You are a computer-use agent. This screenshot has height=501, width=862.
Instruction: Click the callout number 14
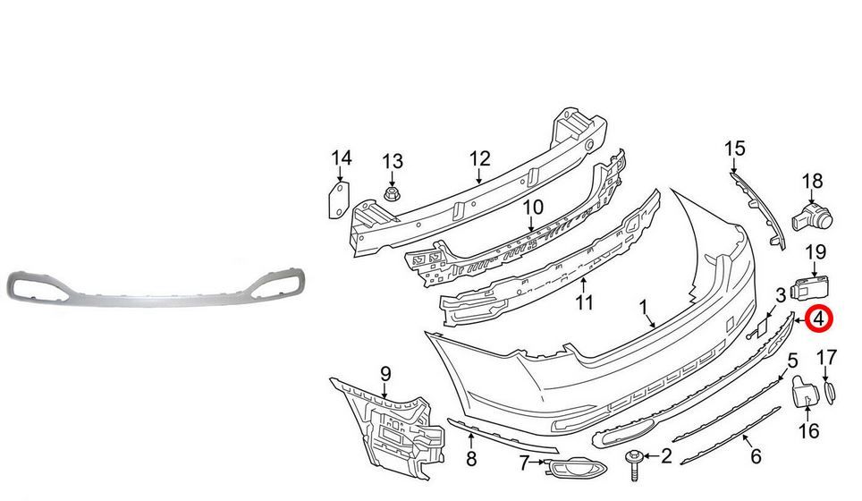coord(342,158)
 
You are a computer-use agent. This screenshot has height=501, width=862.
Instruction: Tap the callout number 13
coord(393,162)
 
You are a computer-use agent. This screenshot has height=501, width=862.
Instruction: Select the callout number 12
coord(480,158)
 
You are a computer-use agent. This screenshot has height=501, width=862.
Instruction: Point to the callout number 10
coord(533,208)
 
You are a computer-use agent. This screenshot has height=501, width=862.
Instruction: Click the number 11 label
coord(584,303)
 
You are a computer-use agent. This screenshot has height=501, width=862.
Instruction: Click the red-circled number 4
coord(820,317)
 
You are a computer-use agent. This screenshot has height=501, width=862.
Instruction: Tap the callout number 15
coord(734,148)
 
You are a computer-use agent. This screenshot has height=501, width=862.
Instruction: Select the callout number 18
coord(812,183)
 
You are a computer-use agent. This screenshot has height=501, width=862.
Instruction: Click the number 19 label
coord(816,252)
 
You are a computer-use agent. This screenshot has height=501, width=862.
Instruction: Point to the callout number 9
coord(385,372)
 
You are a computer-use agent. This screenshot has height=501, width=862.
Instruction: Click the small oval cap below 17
coord(829,391)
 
